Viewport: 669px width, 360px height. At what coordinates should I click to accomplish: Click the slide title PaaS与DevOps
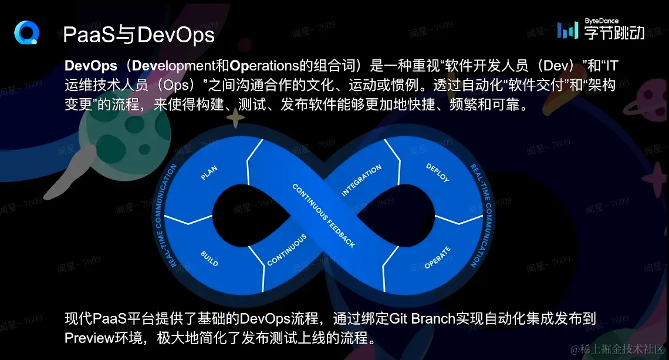tap(138, 35)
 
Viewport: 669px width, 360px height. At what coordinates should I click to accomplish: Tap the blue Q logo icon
tap(26, 32)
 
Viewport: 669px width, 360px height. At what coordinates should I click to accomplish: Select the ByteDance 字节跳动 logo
tap(600, 29)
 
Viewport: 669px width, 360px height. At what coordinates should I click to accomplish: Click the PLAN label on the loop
tap(209, 173)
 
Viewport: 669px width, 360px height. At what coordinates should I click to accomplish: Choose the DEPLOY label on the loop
tap(437, 173)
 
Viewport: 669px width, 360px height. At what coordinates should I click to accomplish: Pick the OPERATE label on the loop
tap(437, 257)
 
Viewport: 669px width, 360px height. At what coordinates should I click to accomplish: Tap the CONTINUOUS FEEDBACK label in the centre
tap(323, 216)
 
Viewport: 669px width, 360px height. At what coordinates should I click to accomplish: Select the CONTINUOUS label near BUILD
tap(287, 250)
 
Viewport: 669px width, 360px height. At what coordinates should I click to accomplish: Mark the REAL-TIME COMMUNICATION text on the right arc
tap(481, 216)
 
